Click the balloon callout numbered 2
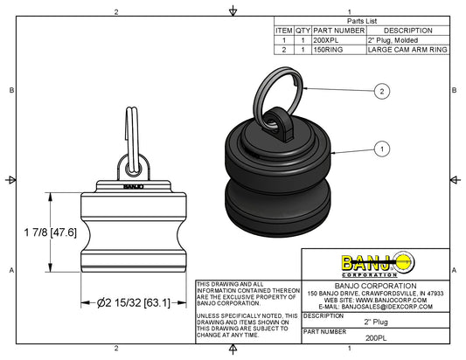pos(381,90)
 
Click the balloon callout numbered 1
pos(381,149)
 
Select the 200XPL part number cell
pos(327,40)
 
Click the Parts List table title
pos(361,19)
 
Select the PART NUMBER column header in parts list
pos(339,30)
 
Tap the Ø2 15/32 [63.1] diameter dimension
pos(129,302)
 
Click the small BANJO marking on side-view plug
pos(132,185)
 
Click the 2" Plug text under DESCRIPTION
pos(375,322)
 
